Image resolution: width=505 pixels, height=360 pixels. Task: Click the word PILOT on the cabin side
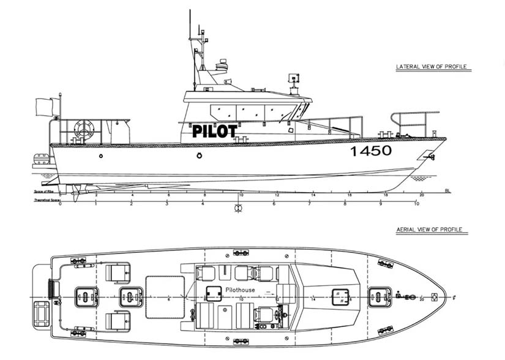pyautogui.click(x=214, y=130)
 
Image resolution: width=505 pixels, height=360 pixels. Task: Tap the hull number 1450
pyautogui.click(x=370, y=151)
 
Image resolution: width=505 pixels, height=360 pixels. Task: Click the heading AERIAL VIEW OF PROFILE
pyautogui.click(x=432, y=230)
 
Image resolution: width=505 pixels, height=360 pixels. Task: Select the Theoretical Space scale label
pyautogui.click(x=45, y=200)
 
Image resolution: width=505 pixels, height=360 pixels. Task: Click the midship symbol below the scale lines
pyautogui.click(x=238, y=208)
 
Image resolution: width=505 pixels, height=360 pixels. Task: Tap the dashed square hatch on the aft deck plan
pyautogui.click(x=165, y=296)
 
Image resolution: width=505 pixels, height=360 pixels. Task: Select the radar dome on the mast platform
pyautogui.click(x=221, y=65)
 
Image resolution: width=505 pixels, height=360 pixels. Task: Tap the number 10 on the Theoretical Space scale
pyautogui.click(x=416, y=204)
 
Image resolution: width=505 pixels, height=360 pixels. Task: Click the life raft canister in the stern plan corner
pyautogui.click(x=43, y=317)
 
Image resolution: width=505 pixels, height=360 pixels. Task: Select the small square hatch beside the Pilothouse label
pyautogui.click(x=214, y=293)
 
